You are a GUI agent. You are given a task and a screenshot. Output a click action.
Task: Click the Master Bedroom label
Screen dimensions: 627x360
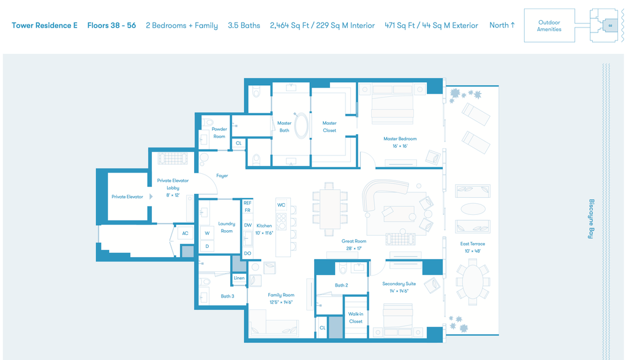pos(400,139)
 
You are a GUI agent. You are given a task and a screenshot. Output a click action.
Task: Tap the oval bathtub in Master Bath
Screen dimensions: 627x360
pos(301,126)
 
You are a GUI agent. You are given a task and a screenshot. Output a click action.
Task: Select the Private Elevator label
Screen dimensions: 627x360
pos(127,197)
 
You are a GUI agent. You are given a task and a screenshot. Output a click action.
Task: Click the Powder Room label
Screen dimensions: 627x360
pos(219,133)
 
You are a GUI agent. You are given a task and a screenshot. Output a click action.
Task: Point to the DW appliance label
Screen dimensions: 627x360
pos(248,225)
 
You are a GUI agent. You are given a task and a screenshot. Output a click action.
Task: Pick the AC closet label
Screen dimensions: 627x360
pos(185,233)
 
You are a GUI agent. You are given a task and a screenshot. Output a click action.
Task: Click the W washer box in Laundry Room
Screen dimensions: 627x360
pos(207,233)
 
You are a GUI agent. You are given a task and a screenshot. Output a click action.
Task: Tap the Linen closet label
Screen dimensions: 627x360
pos(239,278)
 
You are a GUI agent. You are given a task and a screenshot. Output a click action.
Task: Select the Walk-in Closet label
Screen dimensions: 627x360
pos(356,318)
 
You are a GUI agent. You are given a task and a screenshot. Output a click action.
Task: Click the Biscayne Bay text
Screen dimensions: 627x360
pos(591,219)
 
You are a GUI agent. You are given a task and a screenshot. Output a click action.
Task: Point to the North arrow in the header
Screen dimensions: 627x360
pos(512,25)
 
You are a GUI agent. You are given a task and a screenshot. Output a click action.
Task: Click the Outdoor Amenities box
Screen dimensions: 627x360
pos(549,26)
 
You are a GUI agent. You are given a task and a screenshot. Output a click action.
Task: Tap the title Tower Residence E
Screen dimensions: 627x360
pos(44,26)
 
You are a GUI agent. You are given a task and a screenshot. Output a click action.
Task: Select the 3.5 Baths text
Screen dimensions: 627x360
pos(244,26)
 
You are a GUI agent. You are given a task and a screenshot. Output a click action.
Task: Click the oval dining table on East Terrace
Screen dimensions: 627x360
pos(473,281)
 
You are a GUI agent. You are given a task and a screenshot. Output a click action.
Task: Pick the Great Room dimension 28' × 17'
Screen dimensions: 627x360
pos(354,249)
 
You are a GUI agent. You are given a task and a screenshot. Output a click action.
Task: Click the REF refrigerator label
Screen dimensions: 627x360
pos(247,203)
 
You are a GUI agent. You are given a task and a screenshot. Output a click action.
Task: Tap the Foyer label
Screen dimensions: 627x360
pos(222,176)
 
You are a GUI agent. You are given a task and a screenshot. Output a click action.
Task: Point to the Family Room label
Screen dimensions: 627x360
pos(281,295)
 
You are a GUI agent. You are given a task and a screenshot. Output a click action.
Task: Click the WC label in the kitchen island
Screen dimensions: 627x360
pos(282,205)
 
